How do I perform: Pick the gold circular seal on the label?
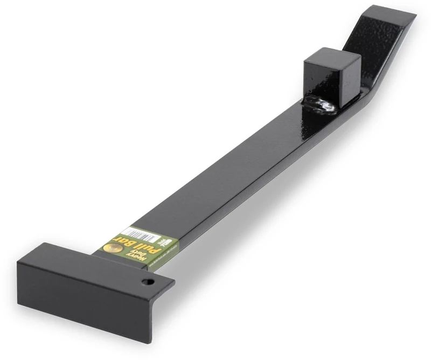pyautogui.click(x=112, y=247)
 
